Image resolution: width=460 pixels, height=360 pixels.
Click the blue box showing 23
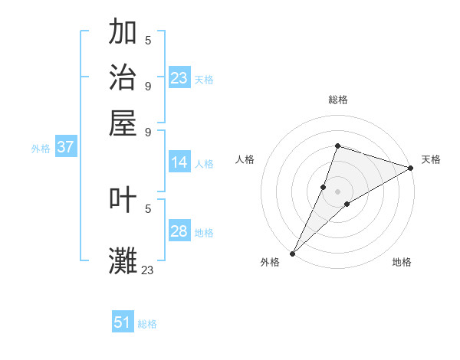click(179, 78)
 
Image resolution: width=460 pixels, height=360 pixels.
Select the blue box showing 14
click(179, 162)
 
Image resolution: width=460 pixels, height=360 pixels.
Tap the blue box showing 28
click(179, 231)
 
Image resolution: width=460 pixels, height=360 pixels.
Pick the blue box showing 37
click(65, 147)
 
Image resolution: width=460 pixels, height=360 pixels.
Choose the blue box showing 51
click(123, 322)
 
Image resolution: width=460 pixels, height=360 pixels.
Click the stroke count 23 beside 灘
click(147, 270)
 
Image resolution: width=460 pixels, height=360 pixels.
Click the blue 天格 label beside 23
click(204, 80)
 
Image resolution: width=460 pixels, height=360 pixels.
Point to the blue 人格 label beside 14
click(204, 164)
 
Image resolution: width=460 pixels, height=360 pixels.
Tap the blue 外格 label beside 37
click(41, 149)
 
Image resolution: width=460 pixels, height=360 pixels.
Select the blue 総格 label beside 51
click(147, 324)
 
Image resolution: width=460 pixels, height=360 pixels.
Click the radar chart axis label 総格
click(337, 100)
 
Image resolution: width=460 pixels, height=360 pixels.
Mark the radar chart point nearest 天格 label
click(411, 169)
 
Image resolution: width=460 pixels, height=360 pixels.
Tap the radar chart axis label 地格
click(402, 262)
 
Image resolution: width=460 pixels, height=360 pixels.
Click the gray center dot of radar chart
click(337, 191)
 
